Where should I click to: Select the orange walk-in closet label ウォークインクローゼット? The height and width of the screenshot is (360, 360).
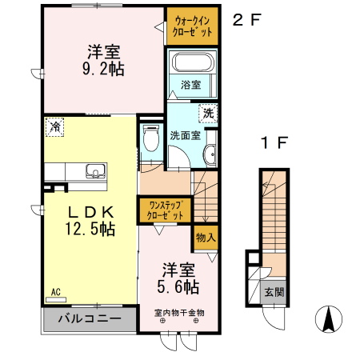(x=193, y=27)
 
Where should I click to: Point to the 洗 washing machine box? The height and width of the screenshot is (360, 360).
(x=208, y=113)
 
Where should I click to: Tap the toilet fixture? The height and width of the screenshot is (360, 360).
(x=150, y=138)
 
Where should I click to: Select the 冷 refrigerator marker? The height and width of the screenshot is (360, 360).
(x=54, y=126)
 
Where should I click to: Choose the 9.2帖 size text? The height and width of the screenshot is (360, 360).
(x=104, y=69)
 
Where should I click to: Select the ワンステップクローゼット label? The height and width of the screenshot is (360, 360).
(x=166, y=210)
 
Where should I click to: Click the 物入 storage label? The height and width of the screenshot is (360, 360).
(x=206, y=238)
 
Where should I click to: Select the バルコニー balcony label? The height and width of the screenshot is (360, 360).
(x=89, y=318)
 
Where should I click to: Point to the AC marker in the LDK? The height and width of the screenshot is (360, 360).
(x=56, y=293)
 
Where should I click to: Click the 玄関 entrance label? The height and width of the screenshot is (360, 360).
(x=274, y=292)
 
